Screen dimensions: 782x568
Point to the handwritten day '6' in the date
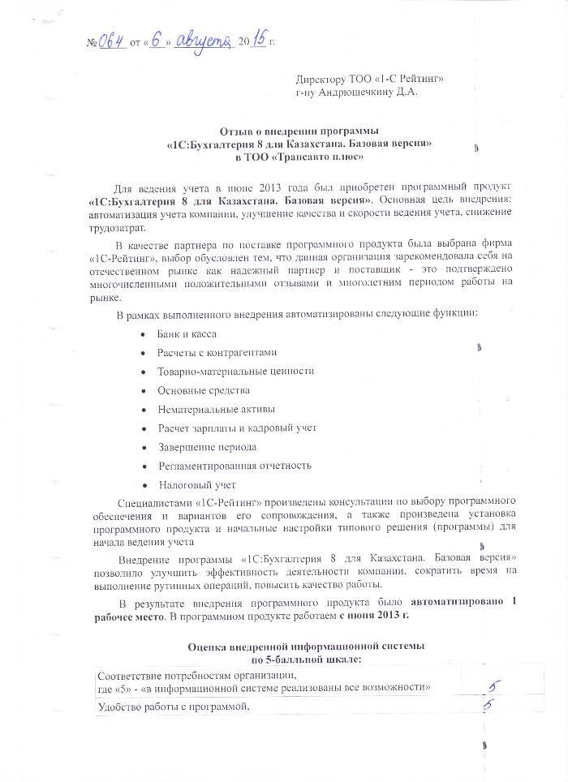(x=158, y=40)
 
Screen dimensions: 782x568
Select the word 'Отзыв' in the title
(x=236, y=131)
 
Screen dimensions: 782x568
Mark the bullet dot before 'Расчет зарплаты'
(x=144, y=428)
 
